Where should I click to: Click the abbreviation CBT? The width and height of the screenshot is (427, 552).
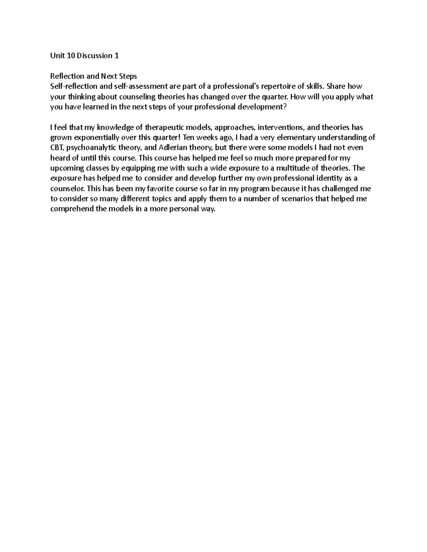coord(56,148)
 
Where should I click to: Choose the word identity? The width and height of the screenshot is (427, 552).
coord(327,178)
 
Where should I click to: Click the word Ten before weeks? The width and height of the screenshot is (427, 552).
coord(189,138)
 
